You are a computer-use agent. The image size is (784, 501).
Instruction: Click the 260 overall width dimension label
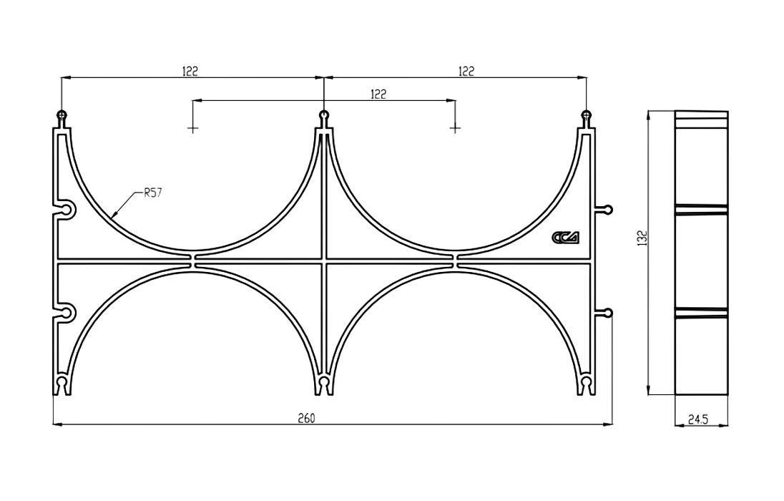[x=306, y=418]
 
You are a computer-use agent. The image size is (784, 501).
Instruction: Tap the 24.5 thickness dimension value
[x=697, y=419]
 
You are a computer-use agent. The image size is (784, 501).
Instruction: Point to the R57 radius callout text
[x=152, y=193]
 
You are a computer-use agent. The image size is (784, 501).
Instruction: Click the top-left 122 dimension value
[x=190, y=71]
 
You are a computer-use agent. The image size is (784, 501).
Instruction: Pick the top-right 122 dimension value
[x=466, y=71]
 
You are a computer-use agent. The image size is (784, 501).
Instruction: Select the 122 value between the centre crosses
[x=378, y=94]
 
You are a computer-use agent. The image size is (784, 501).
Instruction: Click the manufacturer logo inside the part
[x=566, y=237]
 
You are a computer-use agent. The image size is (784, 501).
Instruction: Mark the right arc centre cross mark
[x=454, y=129]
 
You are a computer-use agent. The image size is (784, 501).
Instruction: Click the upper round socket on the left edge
[x=66, y=210]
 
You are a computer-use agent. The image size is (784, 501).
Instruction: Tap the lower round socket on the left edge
[x=66, y=313]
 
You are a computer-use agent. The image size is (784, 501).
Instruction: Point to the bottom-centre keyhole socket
[x=324, y=385]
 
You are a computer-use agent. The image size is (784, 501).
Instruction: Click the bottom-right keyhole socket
[x=586, y=385]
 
